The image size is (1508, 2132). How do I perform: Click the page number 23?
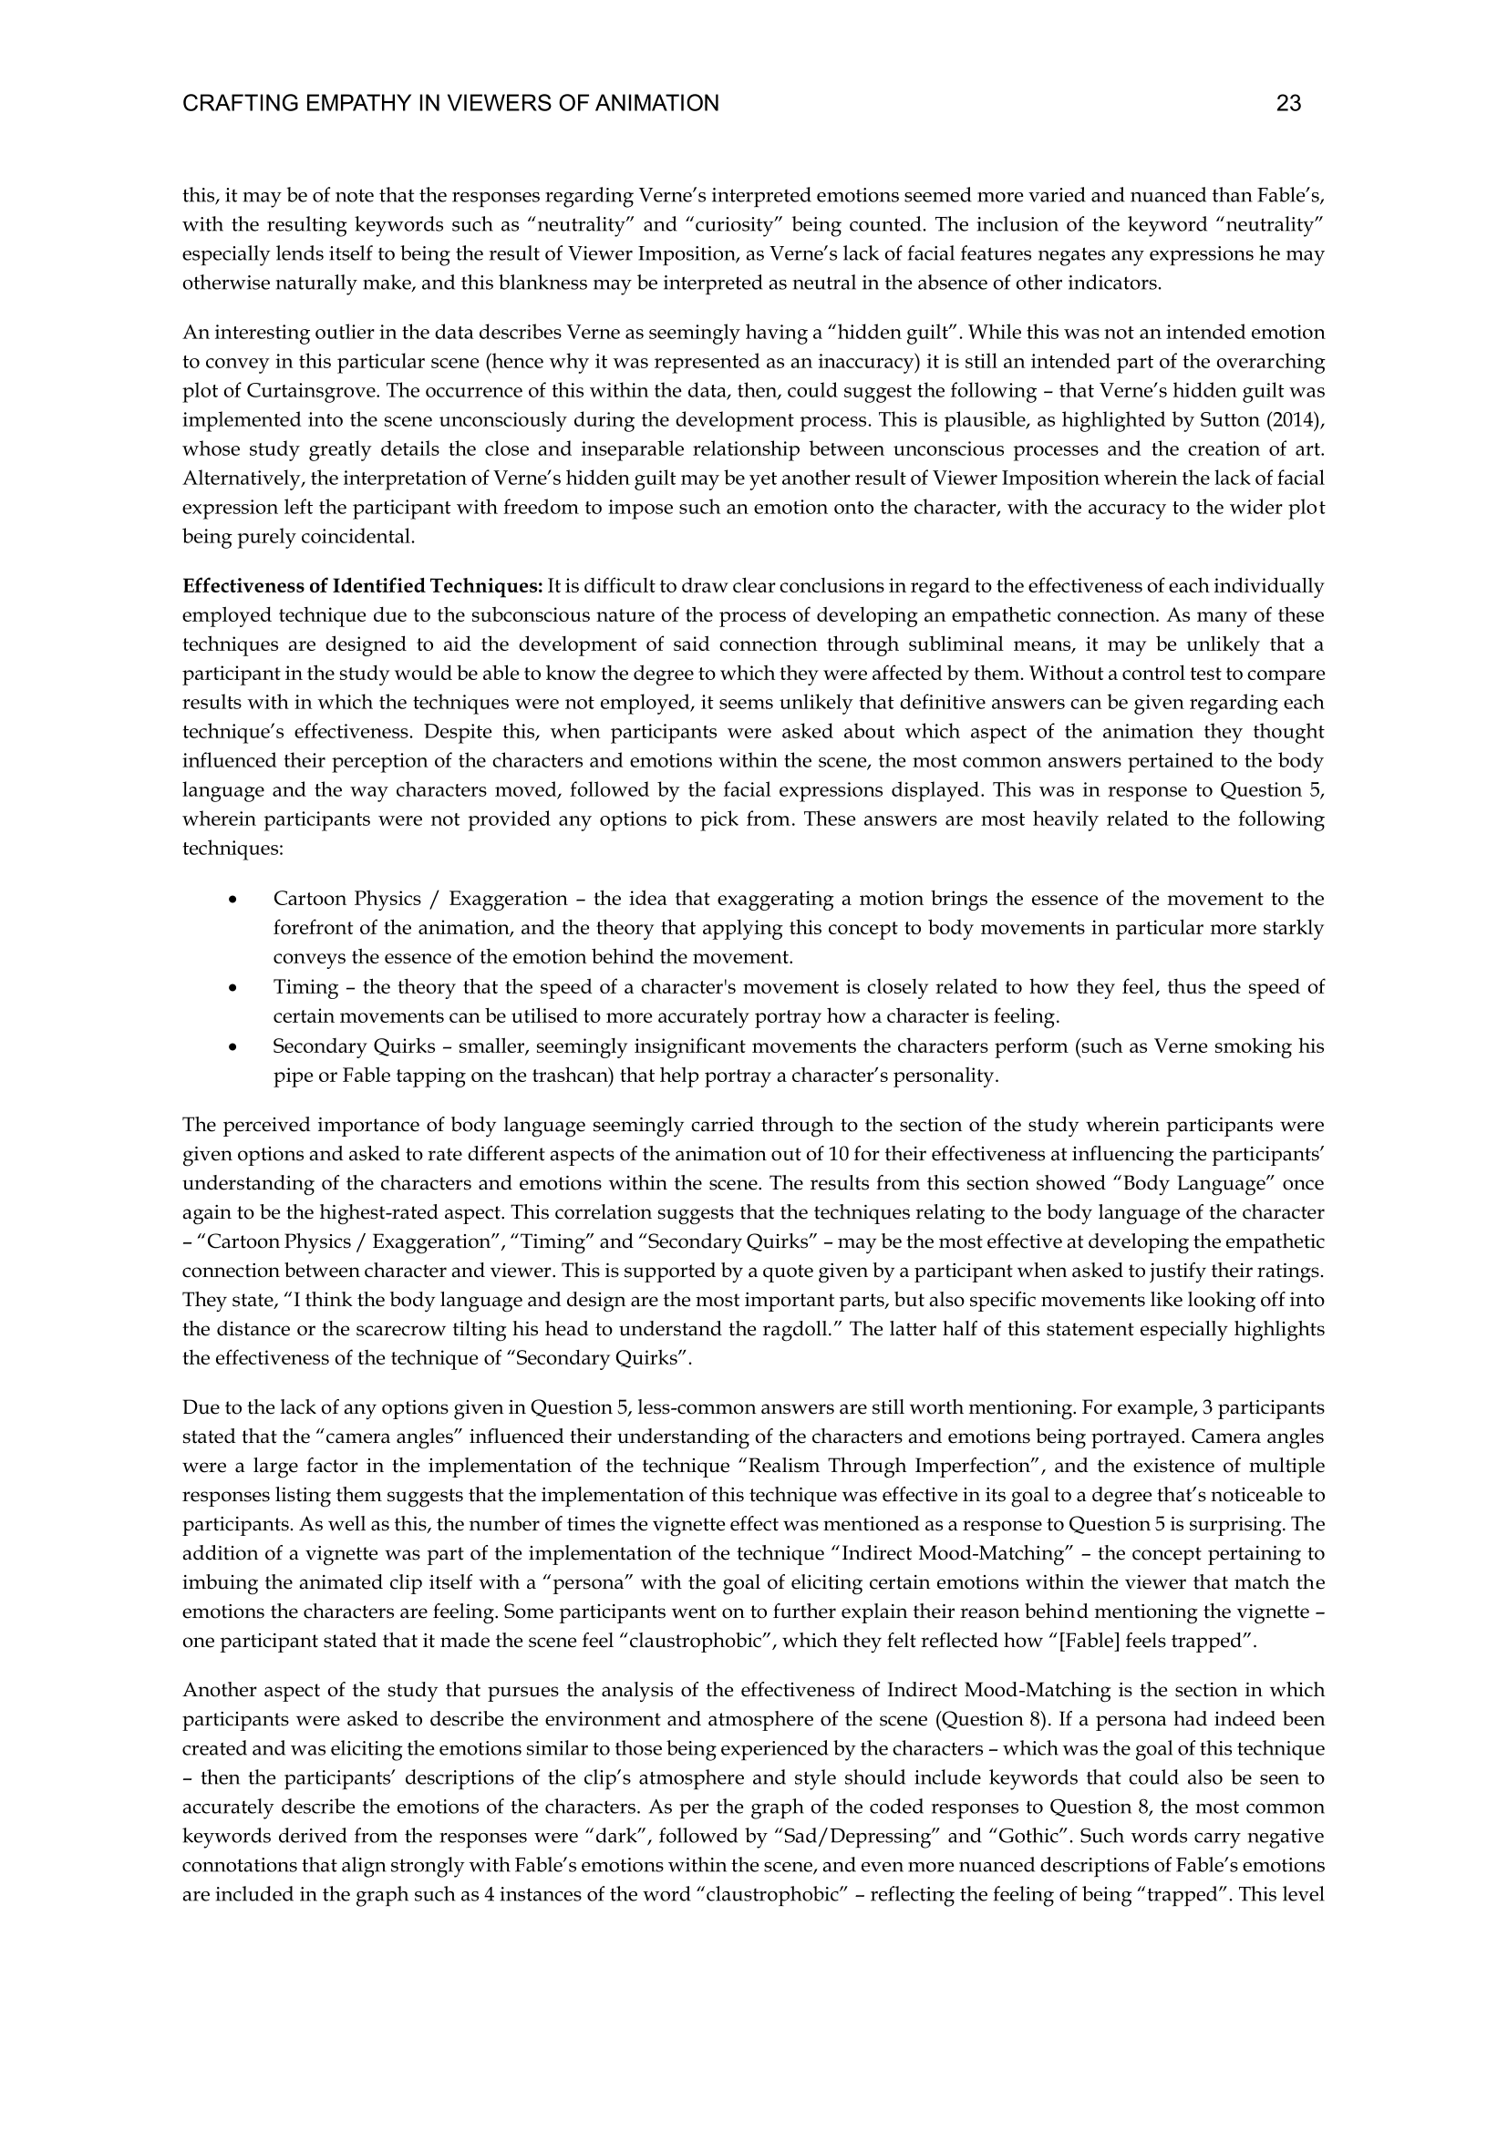click(x=1288, y=104)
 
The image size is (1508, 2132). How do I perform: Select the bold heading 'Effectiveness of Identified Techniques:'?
click(x=362, y=586)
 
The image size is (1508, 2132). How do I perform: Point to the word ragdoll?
click(x=800, y=1329)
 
